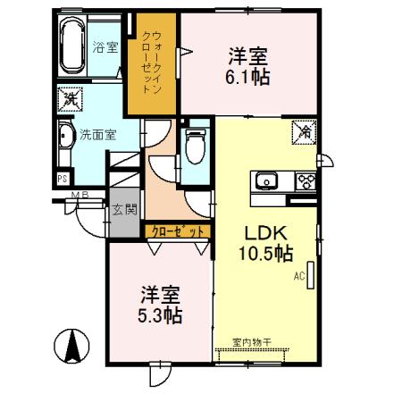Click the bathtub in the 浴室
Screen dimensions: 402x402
point(72,46)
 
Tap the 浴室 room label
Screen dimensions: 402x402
point(105,46)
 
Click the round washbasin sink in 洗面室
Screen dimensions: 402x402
point(66,138)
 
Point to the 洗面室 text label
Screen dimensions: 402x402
point(98,137)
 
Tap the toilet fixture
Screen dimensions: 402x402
point(195,147)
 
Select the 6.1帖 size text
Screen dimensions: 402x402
point(248,76)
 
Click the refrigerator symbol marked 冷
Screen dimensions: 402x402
point(304,131)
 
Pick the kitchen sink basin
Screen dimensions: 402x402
point(267,182)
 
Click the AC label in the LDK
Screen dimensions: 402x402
point(299,277)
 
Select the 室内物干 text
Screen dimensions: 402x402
point(251,341)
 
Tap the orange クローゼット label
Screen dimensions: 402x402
point(179,231)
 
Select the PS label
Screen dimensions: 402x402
point(62,178)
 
